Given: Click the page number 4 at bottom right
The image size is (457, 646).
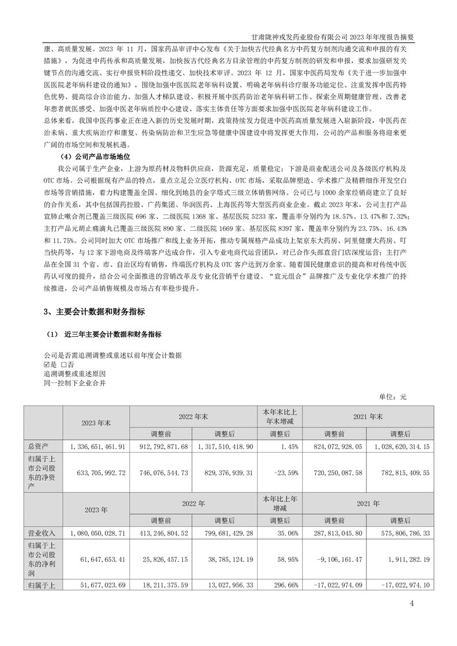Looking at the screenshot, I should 411,603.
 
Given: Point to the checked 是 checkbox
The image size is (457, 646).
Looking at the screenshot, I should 47,364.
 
